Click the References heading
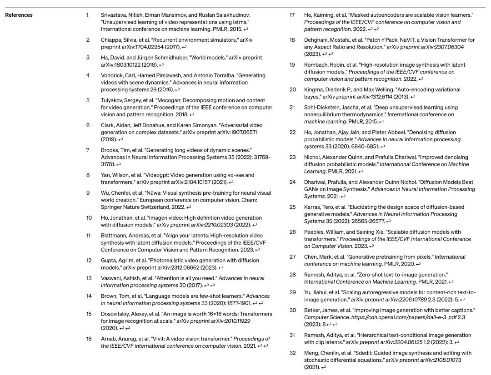point(19,15)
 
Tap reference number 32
point(293,353)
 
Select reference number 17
point(292,15)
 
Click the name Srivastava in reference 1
point(114,15)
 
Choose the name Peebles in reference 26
point(316,232)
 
